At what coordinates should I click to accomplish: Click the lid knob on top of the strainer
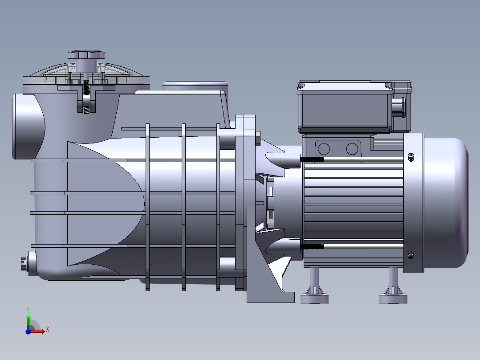tap(86, 55)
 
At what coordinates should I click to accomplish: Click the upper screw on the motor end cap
tap(411, 157)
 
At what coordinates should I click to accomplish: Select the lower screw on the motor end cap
tap(411, 255)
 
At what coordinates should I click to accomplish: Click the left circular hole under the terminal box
tap(324, 149)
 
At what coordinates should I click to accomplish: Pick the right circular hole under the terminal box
tap(352, 149)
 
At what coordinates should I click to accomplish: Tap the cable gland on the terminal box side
tap(399, 107)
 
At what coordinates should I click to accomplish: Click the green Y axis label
tap(28, 310)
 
